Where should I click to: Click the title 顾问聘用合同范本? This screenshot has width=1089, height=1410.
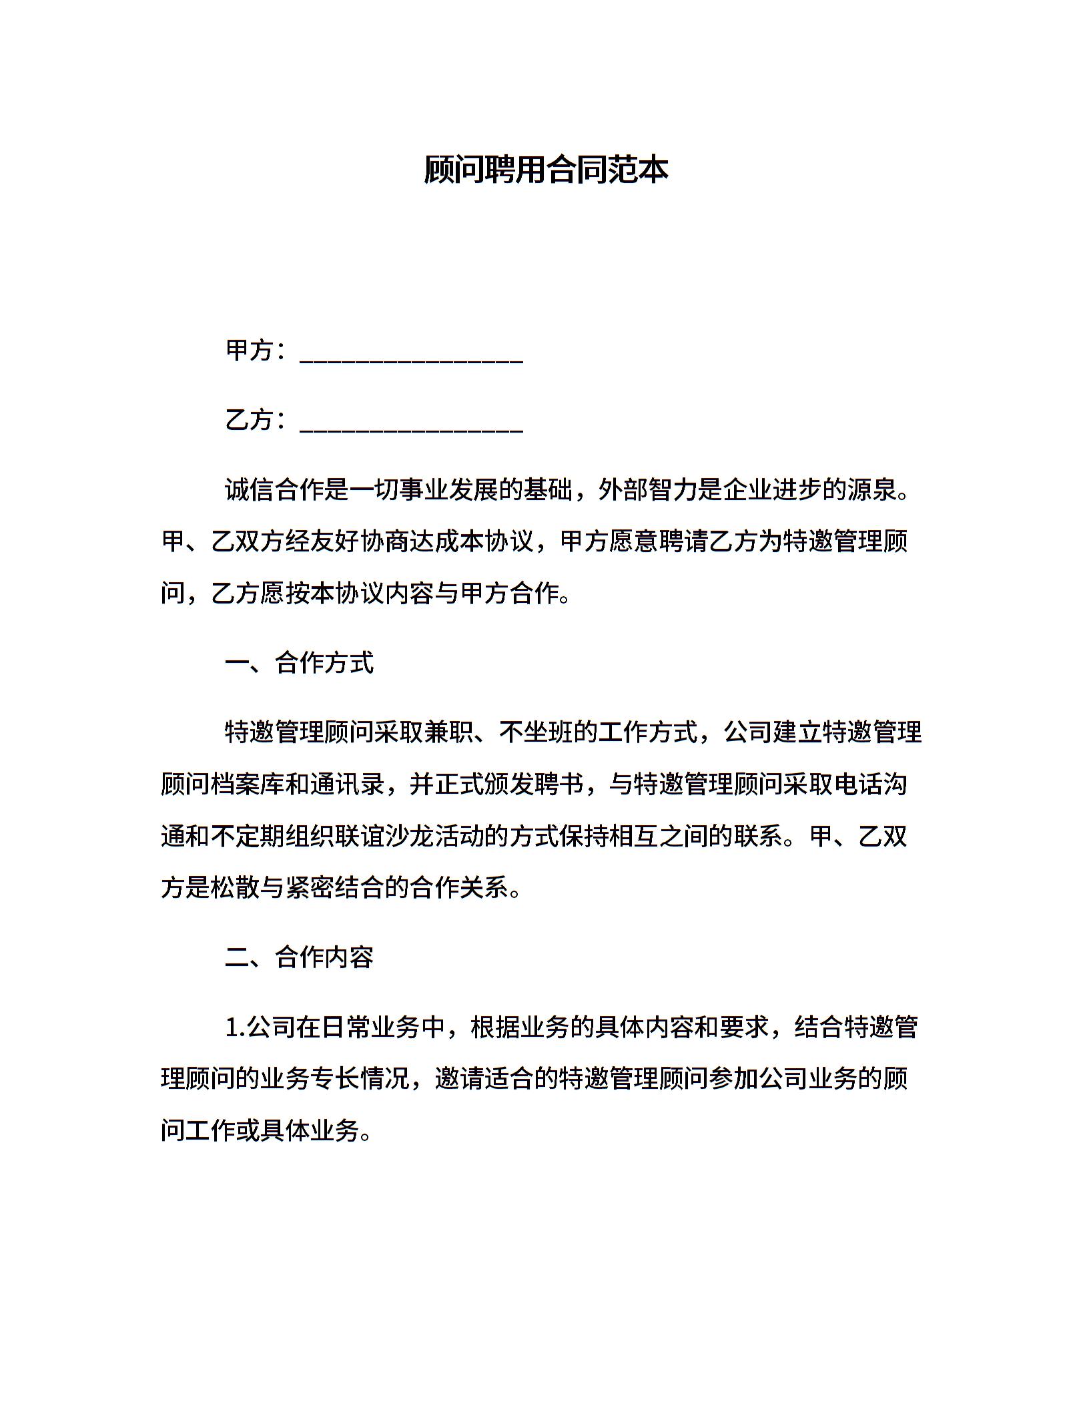545,170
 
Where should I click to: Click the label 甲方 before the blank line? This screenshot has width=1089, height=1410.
250,350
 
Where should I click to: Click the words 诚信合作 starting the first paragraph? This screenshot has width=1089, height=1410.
274,490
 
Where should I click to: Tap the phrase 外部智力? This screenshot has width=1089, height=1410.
648,490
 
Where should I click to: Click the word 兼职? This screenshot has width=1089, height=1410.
449,732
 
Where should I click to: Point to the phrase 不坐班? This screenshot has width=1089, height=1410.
536,732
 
